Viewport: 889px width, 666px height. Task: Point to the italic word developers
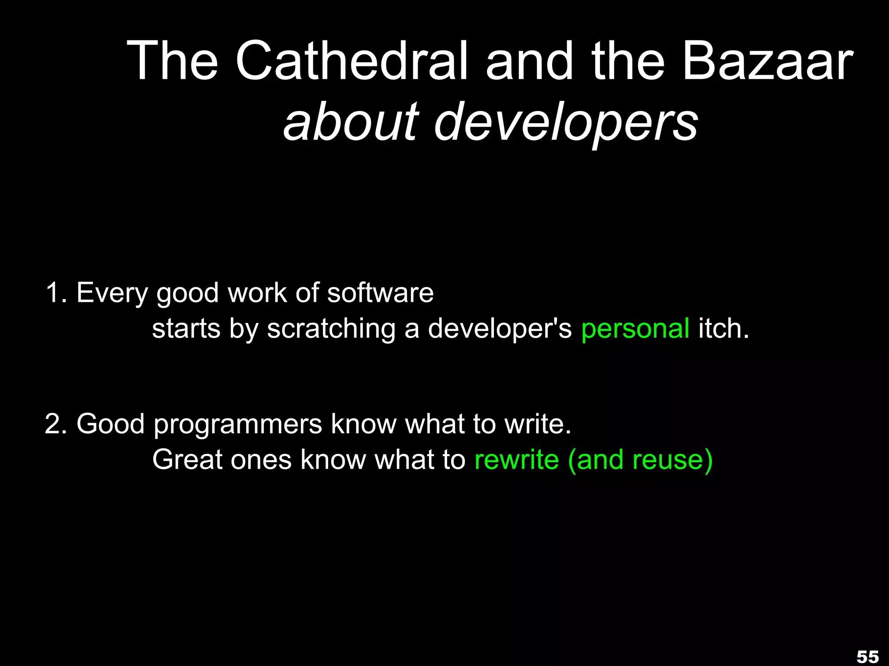coord(566,124)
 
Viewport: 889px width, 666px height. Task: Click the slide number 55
coord(868,656)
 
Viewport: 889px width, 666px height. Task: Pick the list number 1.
coord(55,293)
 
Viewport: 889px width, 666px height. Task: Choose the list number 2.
coord(55,424)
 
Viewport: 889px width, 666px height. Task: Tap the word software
coord(380,293)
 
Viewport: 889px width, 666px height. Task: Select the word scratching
coord(331,329)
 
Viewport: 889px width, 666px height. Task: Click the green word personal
coord(635,329)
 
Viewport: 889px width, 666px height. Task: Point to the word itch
coord(723,328)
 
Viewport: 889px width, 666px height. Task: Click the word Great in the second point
coord(187,460)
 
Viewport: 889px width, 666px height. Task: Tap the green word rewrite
coord(517,460)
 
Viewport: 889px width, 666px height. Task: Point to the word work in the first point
coord(257,293)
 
